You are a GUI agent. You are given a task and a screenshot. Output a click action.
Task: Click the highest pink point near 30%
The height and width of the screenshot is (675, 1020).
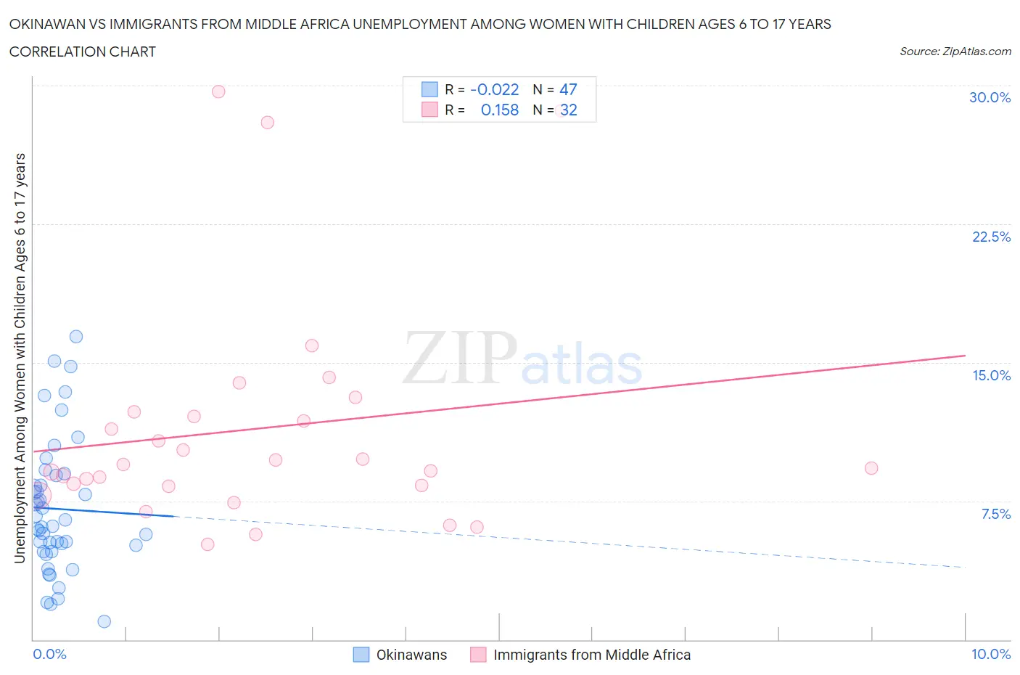[218, 91]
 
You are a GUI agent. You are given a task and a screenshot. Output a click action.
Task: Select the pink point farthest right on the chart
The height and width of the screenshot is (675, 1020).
[871, 468]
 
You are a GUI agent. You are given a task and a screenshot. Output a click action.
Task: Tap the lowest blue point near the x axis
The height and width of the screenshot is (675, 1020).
[104, 621]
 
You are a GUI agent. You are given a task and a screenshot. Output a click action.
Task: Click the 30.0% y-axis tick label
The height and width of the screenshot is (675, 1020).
[990, 97]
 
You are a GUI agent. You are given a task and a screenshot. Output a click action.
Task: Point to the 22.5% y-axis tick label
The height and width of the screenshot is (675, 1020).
[991, 237]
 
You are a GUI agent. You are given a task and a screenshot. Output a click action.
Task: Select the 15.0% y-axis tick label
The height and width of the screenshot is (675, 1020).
[991, 375]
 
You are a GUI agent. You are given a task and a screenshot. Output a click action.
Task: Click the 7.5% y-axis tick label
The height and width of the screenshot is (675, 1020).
[995, 514]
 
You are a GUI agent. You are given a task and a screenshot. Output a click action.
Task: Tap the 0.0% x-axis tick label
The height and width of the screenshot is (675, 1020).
[49, 654]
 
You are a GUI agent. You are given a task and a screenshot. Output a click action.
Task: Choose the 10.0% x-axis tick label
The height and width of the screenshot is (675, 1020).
[991, 654]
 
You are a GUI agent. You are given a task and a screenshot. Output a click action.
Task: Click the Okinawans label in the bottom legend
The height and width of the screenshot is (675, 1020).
[411, 655]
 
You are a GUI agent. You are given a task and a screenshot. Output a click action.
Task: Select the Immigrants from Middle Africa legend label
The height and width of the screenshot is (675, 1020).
[592, 655]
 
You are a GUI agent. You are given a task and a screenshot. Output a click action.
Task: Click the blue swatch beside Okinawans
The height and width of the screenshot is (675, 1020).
[361, 655]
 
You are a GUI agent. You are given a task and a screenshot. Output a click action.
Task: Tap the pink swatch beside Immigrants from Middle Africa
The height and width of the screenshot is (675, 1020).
[478, 655]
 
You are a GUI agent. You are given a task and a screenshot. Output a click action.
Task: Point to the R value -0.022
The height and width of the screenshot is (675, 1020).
[495, 89]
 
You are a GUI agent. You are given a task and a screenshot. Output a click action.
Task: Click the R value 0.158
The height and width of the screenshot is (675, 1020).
[500, 110]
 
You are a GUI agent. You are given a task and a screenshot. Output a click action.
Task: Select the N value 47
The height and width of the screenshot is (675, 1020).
[568, 89]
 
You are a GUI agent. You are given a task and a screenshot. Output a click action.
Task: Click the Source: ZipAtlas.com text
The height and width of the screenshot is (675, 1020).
[955, 51]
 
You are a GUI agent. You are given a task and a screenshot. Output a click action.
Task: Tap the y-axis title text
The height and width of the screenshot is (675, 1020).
[20, 359]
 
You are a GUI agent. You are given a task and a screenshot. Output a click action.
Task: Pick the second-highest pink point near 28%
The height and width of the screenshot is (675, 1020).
[267, 122]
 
